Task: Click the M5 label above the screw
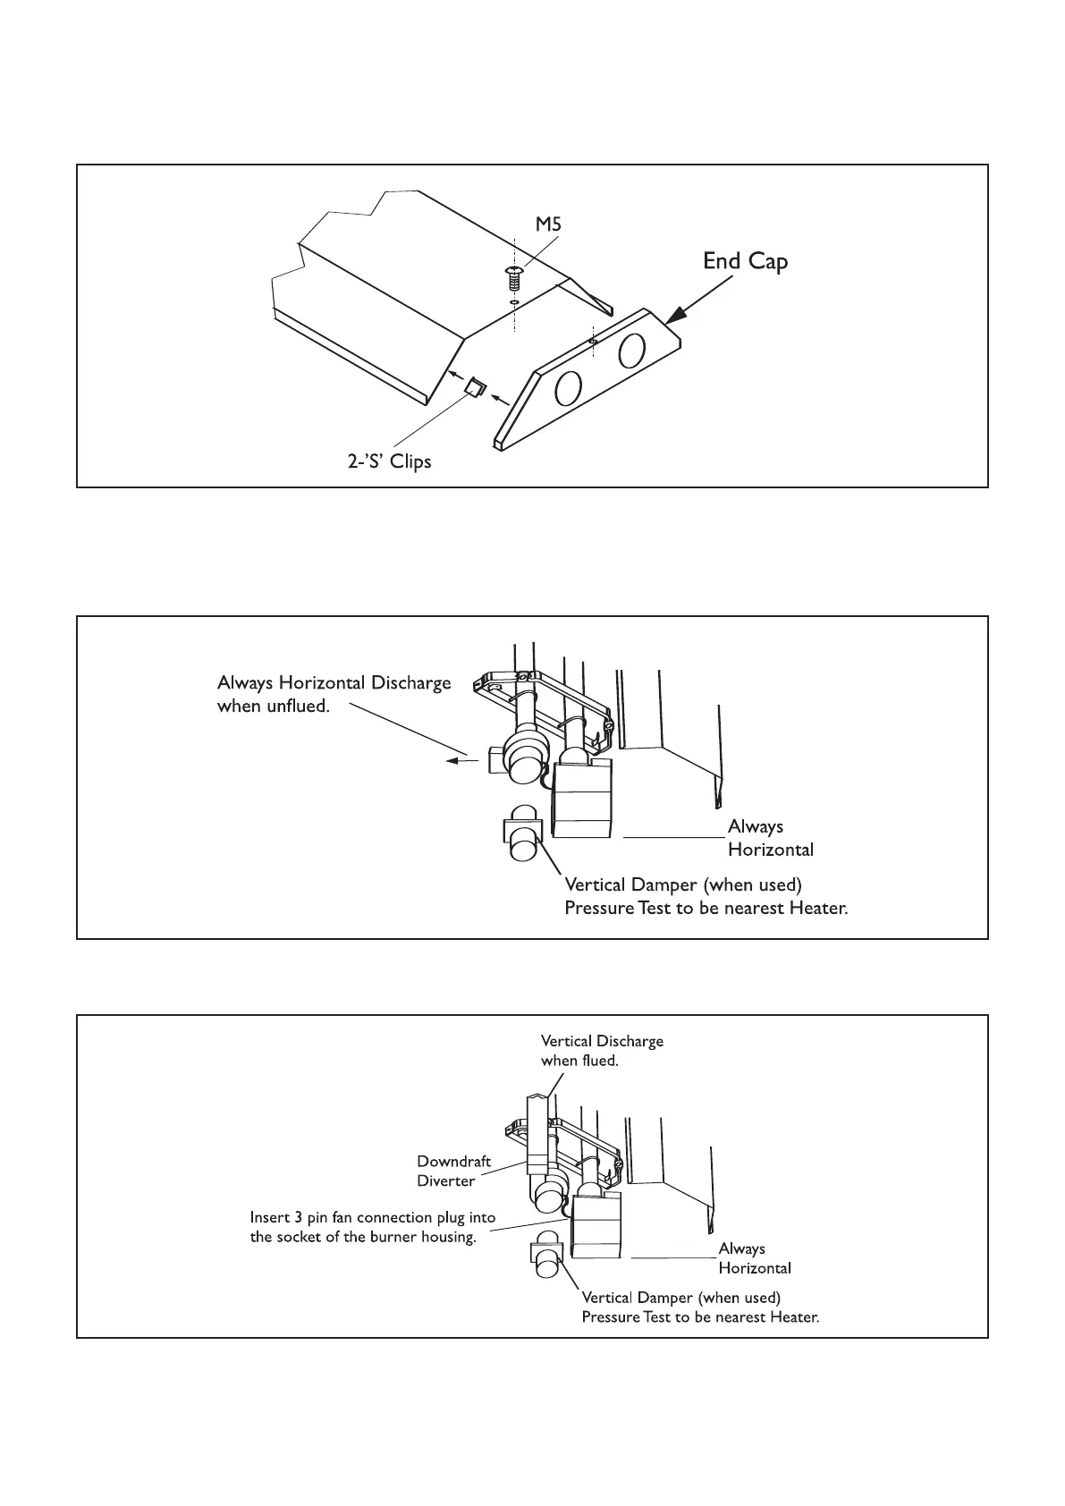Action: [548, 225]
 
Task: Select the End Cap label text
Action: [745, 261]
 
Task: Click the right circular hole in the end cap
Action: [632, 348]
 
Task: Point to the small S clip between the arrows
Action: [475, 387]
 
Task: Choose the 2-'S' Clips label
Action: [390, 462]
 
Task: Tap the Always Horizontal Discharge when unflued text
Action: [334, 694]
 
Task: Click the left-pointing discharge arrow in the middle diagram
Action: [461, 761]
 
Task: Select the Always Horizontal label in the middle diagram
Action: [770, 837]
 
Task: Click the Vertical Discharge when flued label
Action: [602, 1050]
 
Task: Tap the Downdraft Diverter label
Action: [453, 1171]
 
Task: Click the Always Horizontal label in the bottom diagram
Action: [755, 1258]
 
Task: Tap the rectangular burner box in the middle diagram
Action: [581, 799]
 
